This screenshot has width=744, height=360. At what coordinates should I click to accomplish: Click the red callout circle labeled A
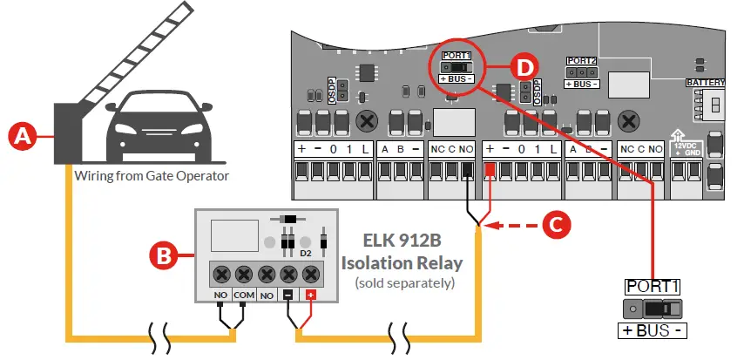point(23,135)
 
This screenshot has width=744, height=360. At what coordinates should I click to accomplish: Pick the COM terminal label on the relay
point(244,296)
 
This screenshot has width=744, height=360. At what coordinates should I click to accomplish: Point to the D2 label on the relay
point(306,253)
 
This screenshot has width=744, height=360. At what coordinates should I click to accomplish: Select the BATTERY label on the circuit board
point(705,82)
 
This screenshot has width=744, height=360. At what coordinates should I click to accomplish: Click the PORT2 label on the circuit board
point(581,61)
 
